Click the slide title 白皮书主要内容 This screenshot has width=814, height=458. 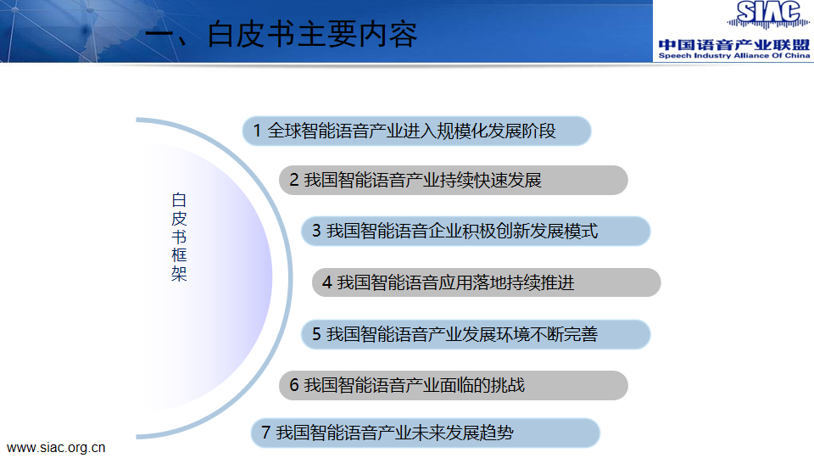pyautogui.click(x=312, y=34)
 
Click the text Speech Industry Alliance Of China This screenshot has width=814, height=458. pyautogui.click(x=734, y=56)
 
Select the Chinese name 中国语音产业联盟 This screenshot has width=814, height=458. pyautogui.click(x=734, y=45)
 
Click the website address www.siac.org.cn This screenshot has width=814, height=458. pyautogui.click(x=56, y=448)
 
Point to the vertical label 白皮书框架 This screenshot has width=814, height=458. pyautogui.click(x=179, y=237)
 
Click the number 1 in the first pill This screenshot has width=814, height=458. pyautogui.click(x=257, y=131)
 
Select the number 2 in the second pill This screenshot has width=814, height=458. pyautogui.click(x=294, y=180)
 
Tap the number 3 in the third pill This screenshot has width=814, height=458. pyautogui.click(x=316, y=231)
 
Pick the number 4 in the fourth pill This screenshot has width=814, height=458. pyautogui.click(x=326, y=282)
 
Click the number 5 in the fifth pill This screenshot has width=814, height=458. pyautogui.click(x=316, y=334)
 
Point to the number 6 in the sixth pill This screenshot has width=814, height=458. pyautogui.click(x=294, y=385)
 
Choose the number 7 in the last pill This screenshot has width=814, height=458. pyautogui.click(x=265, y=432)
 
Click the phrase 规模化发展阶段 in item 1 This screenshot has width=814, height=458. pyautogui.click(x=496, y=131)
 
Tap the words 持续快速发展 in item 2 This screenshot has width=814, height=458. pyautogui.click(x=491, y=180)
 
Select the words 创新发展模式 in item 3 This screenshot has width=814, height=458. pyautogui.click(x=547, y=231)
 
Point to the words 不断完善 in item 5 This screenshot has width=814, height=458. pyautogui.click(x=564, y=334)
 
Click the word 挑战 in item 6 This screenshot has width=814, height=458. pyautogui.click(x=508, y=385)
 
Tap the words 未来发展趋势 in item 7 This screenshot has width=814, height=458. pyautogui.click(x=463, y=432)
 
